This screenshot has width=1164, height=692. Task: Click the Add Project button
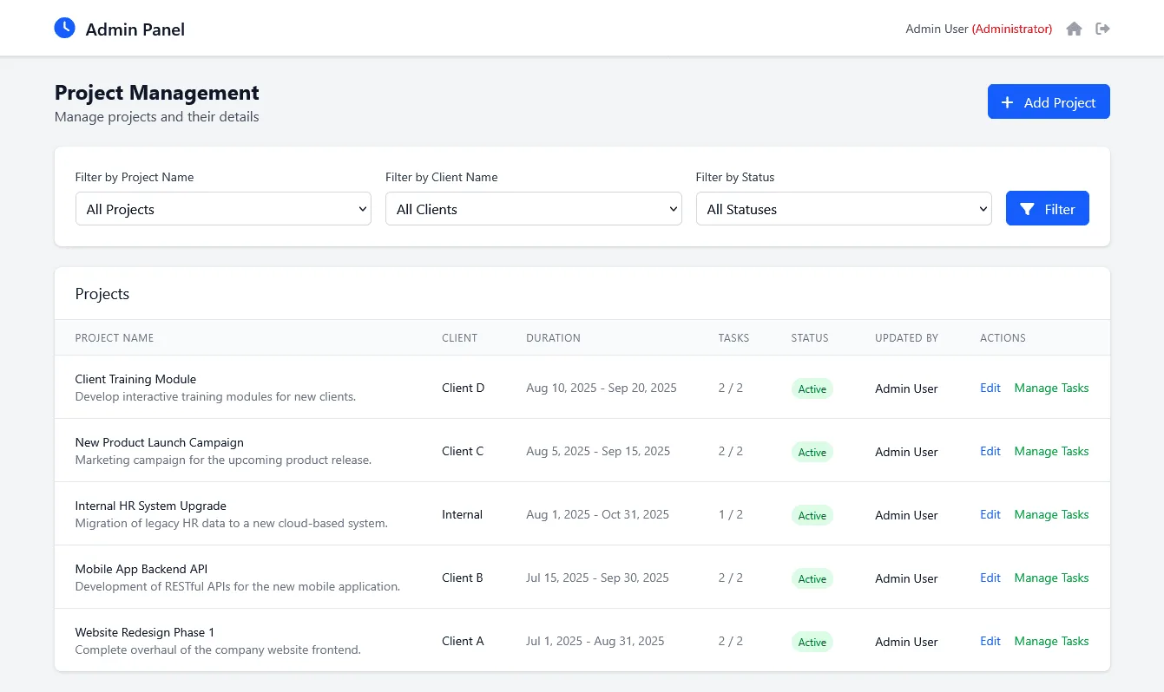[1049, 101]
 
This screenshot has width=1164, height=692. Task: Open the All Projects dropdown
[223, 209]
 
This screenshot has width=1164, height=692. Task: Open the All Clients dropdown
[533, 209]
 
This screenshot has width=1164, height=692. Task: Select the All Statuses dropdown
[844, 209]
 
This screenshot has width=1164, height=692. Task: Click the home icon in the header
[1074, 29]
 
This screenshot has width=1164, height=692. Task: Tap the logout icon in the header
[1102, 29]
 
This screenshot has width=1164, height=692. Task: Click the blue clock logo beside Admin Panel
[64, 28]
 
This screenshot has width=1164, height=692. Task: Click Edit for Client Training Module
[990, 388]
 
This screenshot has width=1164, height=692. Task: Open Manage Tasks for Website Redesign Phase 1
[1051, 641]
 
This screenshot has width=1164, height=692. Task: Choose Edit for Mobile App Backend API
[990, 578]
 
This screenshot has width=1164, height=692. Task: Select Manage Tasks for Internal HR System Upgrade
[1051, 514]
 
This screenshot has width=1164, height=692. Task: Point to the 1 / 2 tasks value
[731, 514]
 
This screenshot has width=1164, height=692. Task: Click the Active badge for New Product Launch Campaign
[812, 452]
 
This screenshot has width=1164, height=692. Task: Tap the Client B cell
[463, 578]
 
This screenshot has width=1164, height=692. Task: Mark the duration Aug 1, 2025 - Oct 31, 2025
[597, 514]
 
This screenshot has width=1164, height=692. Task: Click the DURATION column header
[554, 338]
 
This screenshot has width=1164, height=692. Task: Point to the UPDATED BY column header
[907, 338]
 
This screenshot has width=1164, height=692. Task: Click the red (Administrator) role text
[1012, 29]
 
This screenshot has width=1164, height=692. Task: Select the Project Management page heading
[157, 93]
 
